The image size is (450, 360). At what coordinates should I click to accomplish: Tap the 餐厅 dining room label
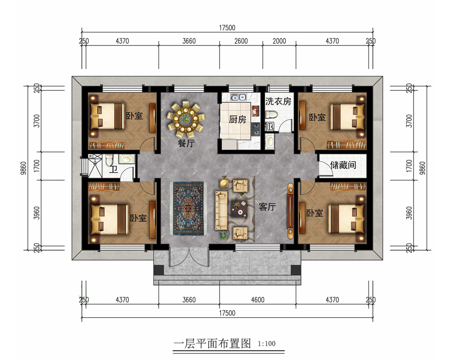pyautogui.click(x=187, y=143)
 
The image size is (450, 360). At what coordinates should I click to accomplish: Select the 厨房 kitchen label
pyautogui.click(x=237, y=119)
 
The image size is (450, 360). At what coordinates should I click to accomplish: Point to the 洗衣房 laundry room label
pyautogui.click(x=278, y=101)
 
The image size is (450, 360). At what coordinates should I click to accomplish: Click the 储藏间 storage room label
pyautogui.click(x=343, y=165)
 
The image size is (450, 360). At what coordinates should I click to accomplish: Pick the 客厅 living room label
pyautogui.click(x=267, y=207)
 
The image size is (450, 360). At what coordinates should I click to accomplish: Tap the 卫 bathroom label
pyautogui.click(x=114, y=170)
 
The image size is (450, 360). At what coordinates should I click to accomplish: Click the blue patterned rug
pyautogui.click(x=188, y=208)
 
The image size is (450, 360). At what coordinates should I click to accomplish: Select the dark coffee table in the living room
pyautogui.click(x=239, y=208)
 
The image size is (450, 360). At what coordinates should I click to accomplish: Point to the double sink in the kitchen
pyautogui.click(x=238, y=98)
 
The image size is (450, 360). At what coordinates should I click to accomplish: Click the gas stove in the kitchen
pyautogui.click(x=256, y=129)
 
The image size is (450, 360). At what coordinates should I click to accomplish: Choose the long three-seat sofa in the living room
pyautogui.click(x=221, y=211)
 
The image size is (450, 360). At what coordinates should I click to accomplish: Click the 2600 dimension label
pyautogui.click(x=241, y=41)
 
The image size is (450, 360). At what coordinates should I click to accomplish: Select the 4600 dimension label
pyautogui.click(x=258, y=300)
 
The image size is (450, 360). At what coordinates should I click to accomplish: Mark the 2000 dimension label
pyautogui.click(x=279, y=41)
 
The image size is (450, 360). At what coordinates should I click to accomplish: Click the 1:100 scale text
pyautogui.click(x=266, y=344)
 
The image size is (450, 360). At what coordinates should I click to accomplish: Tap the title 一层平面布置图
pyautogui.click(x=212, y=343)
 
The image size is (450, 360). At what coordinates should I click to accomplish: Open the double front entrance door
pyautogui.click(x=189, y=257)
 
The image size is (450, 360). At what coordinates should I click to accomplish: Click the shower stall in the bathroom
pyautogui.click(x=94, y=166)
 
